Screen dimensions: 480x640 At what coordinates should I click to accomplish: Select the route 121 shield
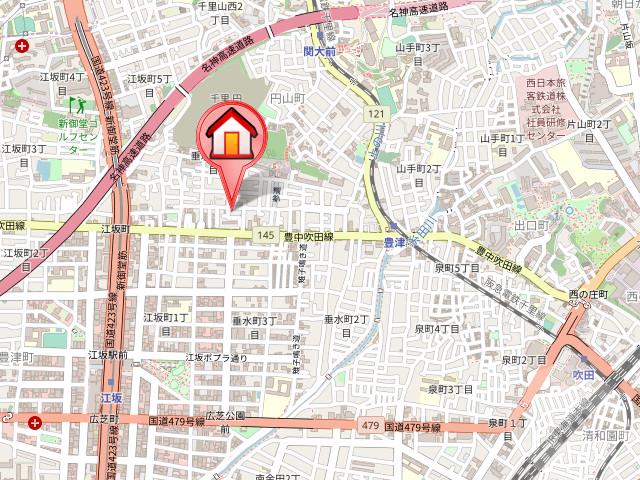[x=376, y=115]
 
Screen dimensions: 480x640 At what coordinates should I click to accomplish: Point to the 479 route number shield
[x=370, y=427]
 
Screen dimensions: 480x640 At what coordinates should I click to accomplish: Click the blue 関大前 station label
[x=320, y=49]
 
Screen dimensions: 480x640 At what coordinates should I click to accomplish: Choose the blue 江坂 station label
[x=110, y=398]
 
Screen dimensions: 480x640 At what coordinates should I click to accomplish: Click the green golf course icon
[x=76, y=103]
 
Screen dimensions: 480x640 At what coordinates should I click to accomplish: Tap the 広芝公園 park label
[x=225, y=415]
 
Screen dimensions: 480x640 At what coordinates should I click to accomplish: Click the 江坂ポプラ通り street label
[x=215, y=357]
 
